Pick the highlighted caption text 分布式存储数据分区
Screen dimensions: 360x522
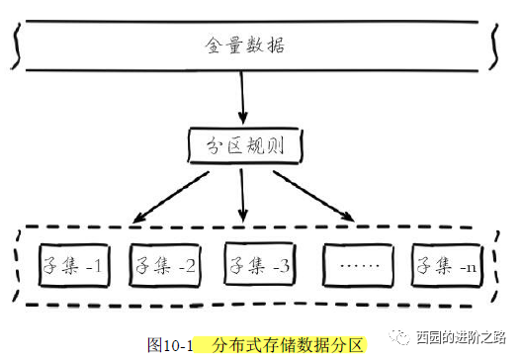(281, 345)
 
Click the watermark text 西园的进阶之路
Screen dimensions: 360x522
(460, 335)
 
